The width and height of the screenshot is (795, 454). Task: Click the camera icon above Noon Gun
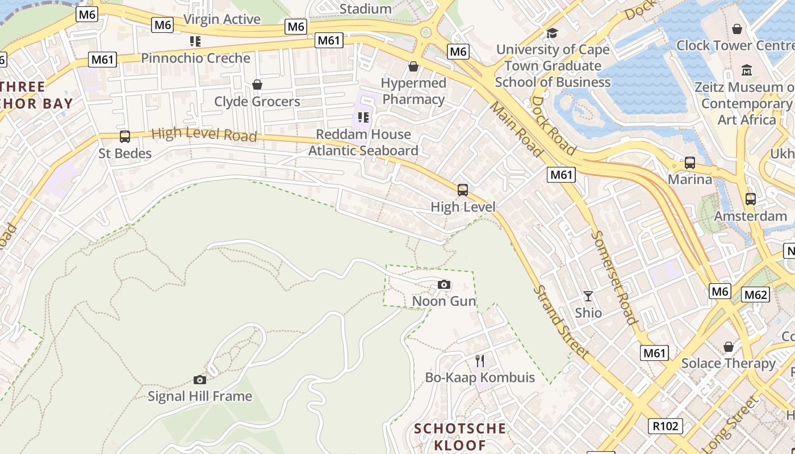click(x=444, y=284)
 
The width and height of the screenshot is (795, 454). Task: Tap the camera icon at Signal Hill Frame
click(x=199, y=380)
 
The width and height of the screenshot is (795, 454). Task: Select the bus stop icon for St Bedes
click(x=125, y=137)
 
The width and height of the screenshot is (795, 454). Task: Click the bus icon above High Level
click(x=463, y=190)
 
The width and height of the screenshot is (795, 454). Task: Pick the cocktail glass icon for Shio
click(x=588, y=296)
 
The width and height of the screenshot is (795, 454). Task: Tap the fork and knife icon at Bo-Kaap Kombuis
click(x=480, y=360)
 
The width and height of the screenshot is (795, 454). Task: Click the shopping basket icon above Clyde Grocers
click(x=257, y=85)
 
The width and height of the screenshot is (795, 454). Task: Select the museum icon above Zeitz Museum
click(x=747, y=70)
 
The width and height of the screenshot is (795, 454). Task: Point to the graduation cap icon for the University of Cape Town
click(x=552, y=33)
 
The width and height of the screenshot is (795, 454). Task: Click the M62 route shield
click(x=756, y=295)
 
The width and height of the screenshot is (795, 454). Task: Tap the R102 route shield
click(x=665, y=426)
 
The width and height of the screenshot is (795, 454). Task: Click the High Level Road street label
click(x=204, y=135)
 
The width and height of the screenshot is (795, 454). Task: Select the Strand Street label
click(x=561, y=322)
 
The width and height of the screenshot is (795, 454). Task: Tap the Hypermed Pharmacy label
click(x=413, y=91)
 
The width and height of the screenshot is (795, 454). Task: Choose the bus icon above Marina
click(x=690, y=163)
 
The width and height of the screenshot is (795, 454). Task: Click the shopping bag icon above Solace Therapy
click(x=729, y=346)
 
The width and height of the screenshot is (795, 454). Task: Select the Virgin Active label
click(x=222, y=19)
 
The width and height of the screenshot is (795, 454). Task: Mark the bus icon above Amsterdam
click(x=751, y=199)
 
